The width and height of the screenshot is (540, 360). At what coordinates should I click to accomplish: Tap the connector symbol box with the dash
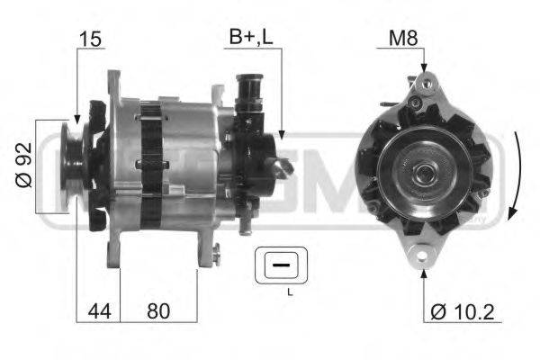281,265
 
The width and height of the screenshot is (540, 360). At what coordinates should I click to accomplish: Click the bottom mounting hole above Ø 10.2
423,260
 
